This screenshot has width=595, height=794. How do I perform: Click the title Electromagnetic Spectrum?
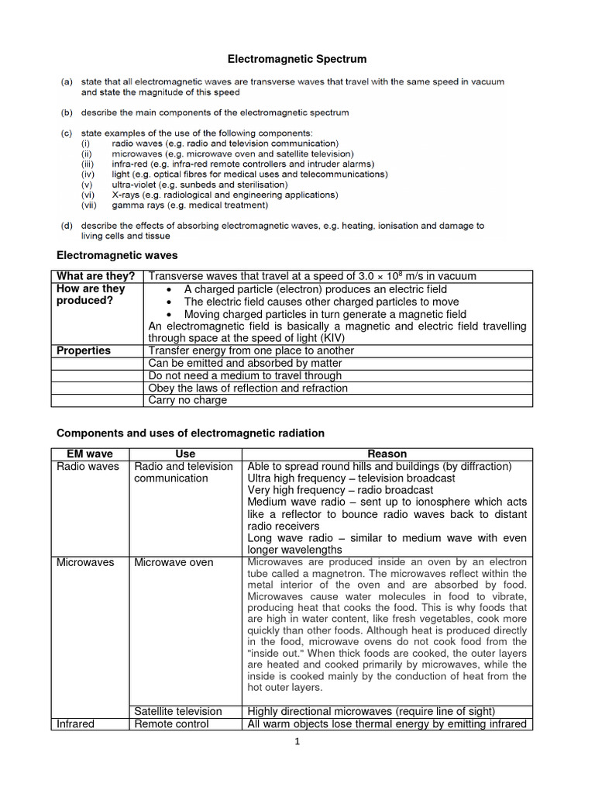tap(297, 59)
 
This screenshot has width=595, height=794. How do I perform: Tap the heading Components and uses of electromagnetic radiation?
tap(191, 433)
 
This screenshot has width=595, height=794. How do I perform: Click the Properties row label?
tap(84, 350)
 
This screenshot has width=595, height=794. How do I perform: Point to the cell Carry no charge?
tap(187, 400)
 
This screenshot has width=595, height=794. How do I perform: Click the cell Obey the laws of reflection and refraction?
tap(248, 388)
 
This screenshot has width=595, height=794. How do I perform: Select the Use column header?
tap(186, 454)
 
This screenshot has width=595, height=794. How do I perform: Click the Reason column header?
tap(387, 454)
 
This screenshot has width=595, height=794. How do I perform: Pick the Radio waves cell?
tap(88, 466)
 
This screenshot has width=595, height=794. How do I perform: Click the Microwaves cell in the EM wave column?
tap(85, 561)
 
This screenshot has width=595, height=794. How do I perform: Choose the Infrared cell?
tap(76, 723)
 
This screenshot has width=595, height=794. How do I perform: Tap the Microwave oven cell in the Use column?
tap(174, 561)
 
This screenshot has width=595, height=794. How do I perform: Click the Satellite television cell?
tap(178, 711)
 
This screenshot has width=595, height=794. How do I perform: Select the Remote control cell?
tap(171, 723)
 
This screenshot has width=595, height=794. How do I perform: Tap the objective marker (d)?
tap(68, 226)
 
